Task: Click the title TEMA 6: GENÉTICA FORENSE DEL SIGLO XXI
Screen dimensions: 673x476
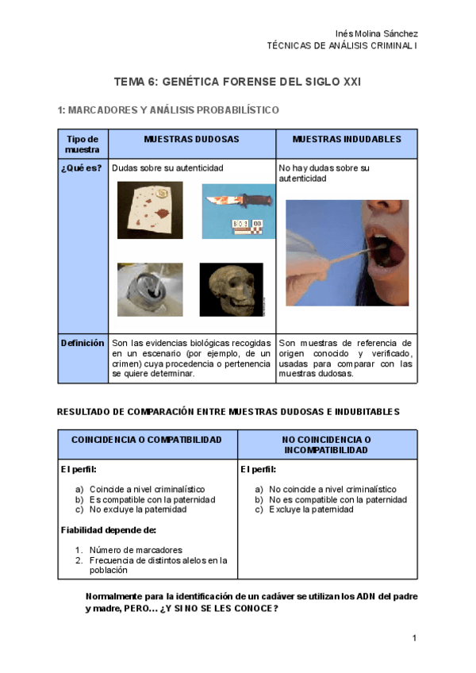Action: click(238, 82)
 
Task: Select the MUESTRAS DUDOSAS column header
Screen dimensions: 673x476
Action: click(191, 139)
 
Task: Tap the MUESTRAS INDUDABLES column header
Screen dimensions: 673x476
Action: click(347, 139)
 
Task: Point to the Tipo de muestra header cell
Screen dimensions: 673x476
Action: click(83, 144)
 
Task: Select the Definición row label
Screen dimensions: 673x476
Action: click(83, 343)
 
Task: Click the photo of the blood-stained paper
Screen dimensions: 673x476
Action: click(150, 210)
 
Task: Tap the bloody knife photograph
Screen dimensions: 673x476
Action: click(238, 211)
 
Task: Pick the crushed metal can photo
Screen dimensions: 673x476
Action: click(150, 290)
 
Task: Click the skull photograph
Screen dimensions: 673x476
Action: click(231, 290)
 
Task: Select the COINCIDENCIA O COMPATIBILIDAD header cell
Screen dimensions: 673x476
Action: click(147, 440)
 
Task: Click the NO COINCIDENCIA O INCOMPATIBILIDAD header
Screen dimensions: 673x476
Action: click(327, 444)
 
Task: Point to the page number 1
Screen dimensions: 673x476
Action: click(414, 638)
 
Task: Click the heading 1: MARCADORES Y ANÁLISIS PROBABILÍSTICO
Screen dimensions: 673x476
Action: click(168, 110)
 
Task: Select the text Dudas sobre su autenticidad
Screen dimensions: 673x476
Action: click(168, 168)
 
